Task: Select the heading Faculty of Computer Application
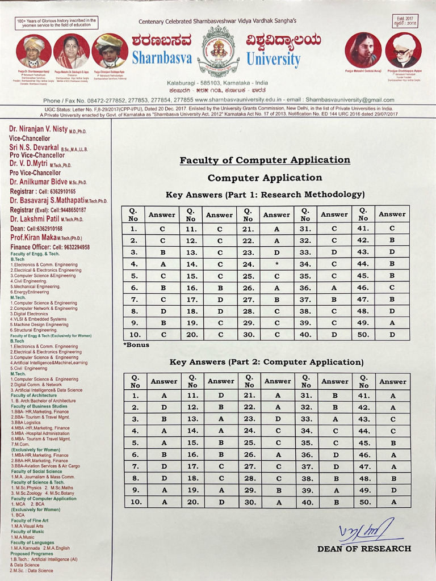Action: [265, 160]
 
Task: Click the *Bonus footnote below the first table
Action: [136, 344]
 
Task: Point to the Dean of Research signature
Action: [367, 531]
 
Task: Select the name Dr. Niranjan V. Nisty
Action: [39, 129]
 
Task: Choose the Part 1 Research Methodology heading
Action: [265, 195]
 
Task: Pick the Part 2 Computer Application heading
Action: [266, 362]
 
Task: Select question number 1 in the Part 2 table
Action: [135, 395]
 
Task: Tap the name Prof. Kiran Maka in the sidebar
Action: [34, 238]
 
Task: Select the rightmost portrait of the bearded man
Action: [403, 50]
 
